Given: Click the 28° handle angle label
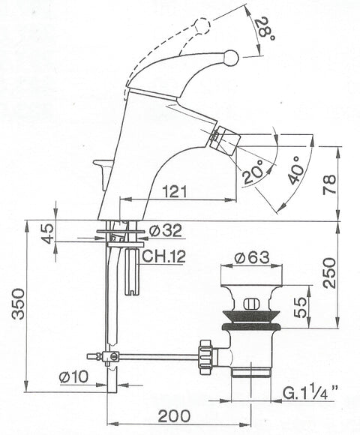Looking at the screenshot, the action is pyautogui.click(x=265, y=28).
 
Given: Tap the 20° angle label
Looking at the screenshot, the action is pyautogui.click(x=253, y=172).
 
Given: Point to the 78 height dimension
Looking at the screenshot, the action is pyautogui.click(x=329, y=184).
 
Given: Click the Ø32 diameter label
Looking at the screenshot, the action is pyautogui.click(x=165, y=230).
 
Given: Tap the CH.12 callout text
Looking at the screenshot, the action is pyautogui.click(x=163, y=256).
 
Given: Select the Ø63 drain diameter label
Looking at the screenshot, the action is pyautogui.click(x=252, y=257).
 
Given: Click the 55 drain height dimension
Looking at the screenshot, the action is pyautogui.click(x=300, y=307).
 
